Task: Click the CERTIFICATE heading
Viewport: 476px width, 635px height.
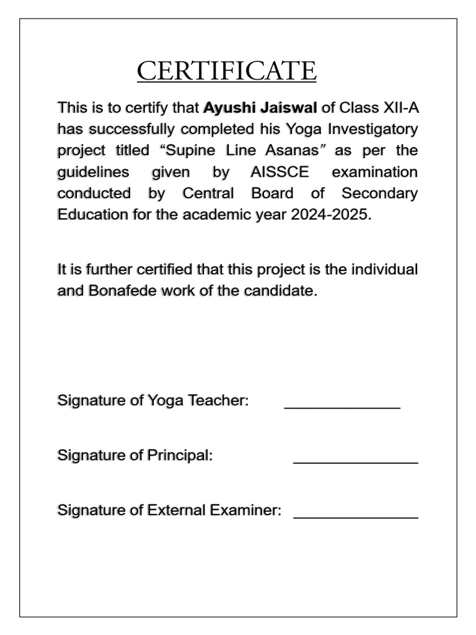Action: (x=227, y=71)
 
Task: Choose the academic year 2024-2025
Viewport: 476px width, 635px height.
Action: (x=333, y=215)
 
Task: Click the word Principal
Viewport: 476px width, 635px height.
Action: (x=180, y=456)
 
